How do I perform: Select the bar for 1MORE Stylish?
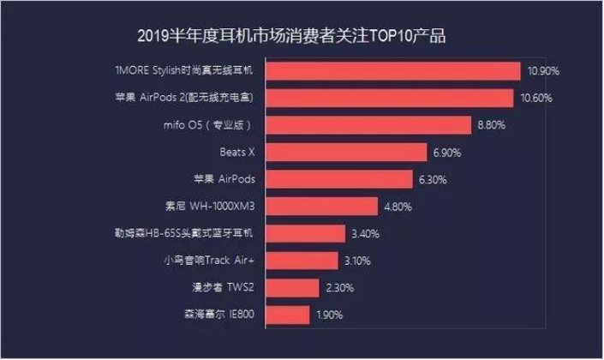[394, 71]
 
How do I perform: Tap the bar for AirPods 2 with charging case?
[390, 98]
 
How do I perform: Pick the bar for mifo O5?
[368, 125]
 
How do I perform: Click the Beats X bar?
[346, 153]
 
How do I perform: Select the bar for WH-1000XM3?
[321, 207]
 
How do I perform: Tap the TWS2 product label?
[230, 288]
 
